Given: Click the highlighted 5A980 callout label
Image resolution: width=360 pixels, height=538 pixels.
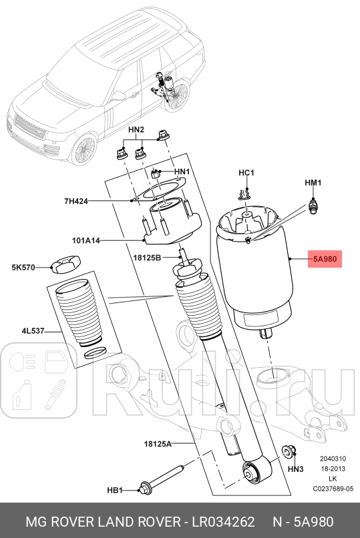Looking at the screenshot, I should tap(324, 258).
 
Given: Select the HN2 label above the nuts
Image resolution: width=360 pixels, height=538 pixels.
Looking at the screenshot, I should tap(136, 129).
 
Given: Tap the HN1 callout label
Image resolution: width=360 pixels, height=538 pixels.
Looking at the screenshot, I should tap(182, 172).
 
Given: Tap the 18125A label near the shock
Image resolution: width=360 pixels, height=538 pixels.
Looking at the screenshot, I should tap(157, 443).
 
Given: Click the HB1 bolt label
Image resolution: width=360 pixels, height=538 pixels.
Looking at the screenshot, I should tap(116, 491).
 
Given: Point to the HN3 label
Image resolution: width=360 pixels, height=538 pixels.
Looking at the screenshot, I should tap(295, 470).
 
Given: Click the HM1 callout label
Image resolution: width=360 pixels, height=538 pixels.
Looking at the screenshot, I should tap(313, 182).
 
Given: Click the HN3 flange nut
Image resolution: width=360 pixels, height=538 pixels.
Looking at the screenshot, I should tap(289, 453).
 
